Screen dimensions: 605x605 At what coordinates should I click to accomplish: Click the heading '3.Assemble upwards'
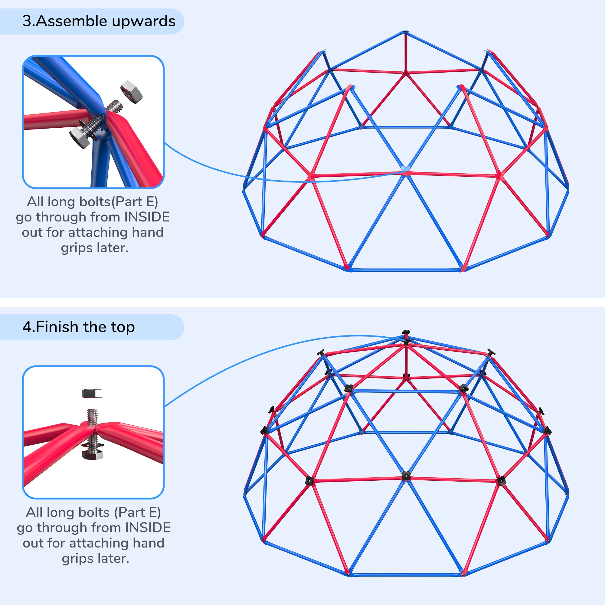(99, 21)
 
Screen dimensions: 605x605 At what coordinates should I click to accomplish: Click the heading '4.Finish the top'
(78, 327)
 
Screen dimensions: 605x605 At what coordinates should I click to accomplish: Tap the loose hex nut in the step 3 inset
(131, 92)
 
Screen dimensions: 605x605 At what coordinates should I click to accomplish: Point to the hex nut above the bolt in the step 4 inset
(92, 393)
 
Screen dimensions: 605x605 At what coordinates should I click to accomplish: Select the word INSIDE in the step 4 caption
(148, 528)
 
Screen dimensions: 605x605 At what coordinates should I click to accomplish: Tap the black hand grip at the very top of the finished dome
(406, 332)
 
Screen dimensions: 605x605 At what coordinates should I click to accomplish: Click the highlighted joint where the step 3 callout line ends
(406, 169)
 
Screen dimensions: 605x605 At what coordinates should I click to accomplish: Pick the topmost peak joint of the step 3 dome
(405, 32)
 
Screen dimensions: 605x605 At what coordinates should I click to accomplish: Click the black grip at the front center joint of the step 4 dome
(406, 476)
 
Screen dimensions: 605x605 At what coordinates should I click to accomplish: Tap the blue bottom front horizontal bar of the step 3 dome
(406, 270)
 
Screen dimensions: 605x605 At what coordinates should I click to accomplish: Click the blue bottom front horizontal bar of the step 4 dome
(406, 575)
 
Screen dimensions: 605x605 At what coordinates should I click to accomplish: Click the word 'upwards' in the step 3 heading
(143, 21)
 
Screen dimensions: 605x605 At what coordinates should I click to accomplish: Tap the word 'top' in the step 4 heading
(123, 327)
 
